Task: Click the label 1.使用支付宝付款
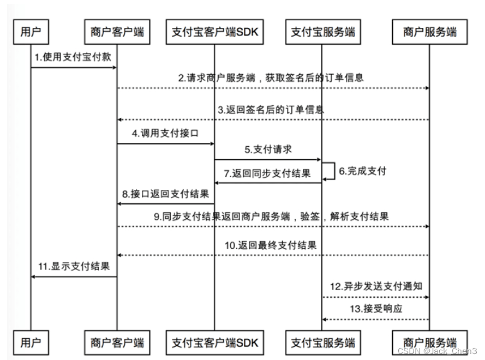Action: click(x=73, y=57)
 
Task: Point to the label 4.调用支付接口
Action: click(x=165, y=133)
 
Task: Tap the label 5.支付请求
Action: click(x=268, y=149)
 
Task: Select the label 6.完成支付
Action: click(x=362, y=171)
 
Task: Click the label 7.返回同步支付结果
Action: click(x=267, y=173)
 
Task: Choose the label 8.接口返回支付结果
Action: click(x=165, y=194)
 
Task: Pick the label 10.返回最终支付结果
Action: click(x=271, y=245)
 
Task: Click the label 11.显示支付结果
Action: click(x=74, y=266)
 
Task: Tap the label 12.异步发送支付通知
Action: click(x=376, y=286)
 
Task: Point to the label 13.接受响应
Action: click(x=376, y=308)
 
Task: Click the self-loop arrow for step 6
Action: click(x=334, y=171)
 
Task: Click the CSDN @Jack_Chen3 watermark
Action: click(x=437, y=351)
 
